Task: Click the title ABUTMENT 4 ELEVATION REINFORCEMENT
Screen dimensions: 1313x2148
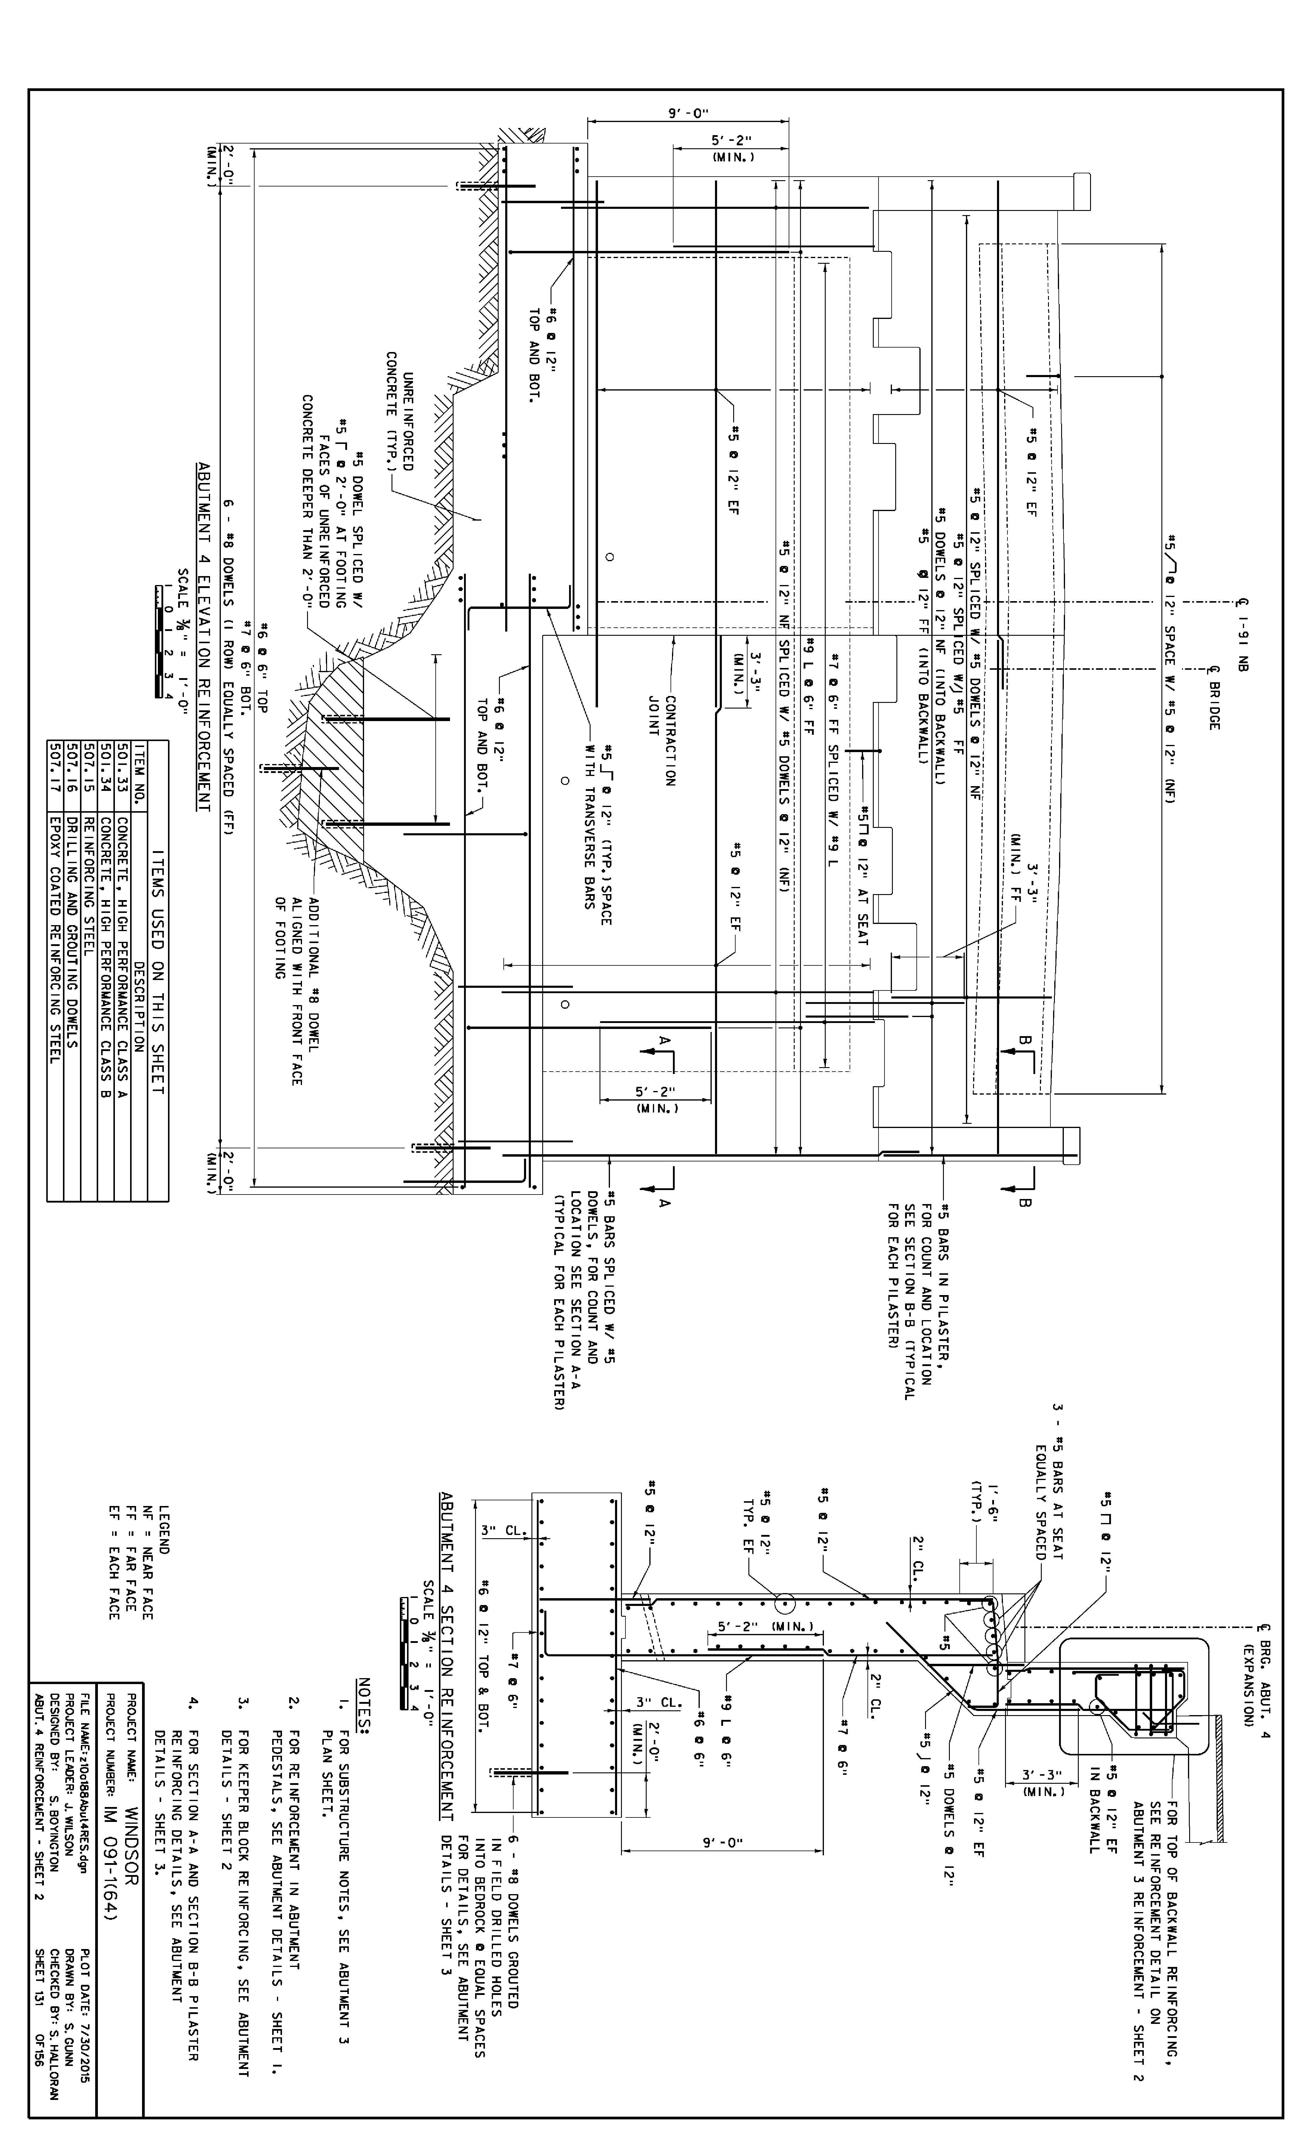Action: (204, 636)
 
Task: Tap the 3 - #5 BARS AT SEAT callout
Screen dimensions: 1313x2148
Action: (1049, 1482)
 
